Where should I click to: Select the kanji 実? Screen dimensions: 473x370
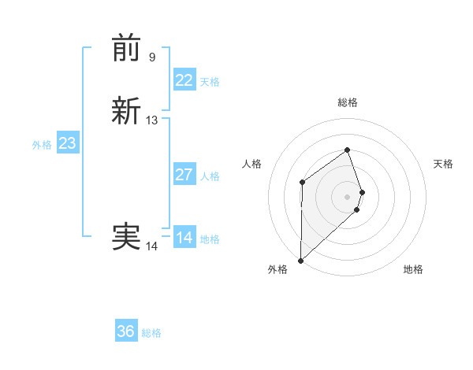click(x=126, y=237)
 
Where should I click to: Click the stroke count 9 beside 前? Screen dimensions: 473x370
click(x=151, y=57)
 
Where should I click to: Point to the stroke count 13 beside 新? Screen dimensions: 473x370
click(x=151, y=120)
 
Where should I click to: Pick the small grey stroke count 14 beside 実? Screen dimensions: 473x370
click(x=151, y=246)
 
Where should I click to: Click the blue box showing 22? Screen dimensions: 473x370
click(x=184, y=80)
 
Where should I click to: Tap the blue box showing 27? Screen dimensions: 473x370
click(x=184, y=175)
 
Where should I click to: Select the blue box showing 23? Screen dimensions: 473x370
click(x=68, y=143)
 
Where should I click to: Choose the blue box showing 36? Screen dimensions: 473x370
click(x=126, y=331)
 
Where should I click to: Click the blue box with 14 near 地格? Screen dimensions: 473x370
click(x=184, y=238)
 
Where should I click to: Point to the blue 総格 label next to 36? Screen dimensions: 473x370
click(x=151, y=333)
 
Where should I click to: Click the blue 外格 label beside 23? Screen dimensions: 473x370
click(x=42, y=145)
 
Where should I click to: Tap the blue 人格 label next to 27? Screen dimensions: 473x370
click(x=210, y=176)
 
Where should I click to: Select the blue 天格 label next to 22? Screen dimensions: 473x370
click(x=210, y=82)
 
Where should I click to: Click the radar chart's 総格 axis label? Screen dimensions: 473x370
click(x=348, y=102)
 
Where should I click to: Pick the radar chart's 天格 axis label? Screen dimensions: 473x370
click(x=443, y=164)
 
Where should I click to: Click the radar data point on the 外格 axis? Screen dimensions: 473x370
click(x=300, y=261)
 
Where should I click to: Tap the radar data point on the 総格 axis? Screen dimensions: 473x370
click(x=348, y=150)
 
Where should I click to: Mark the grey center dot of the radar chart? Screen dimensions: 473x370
click(x=348, y=196)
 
